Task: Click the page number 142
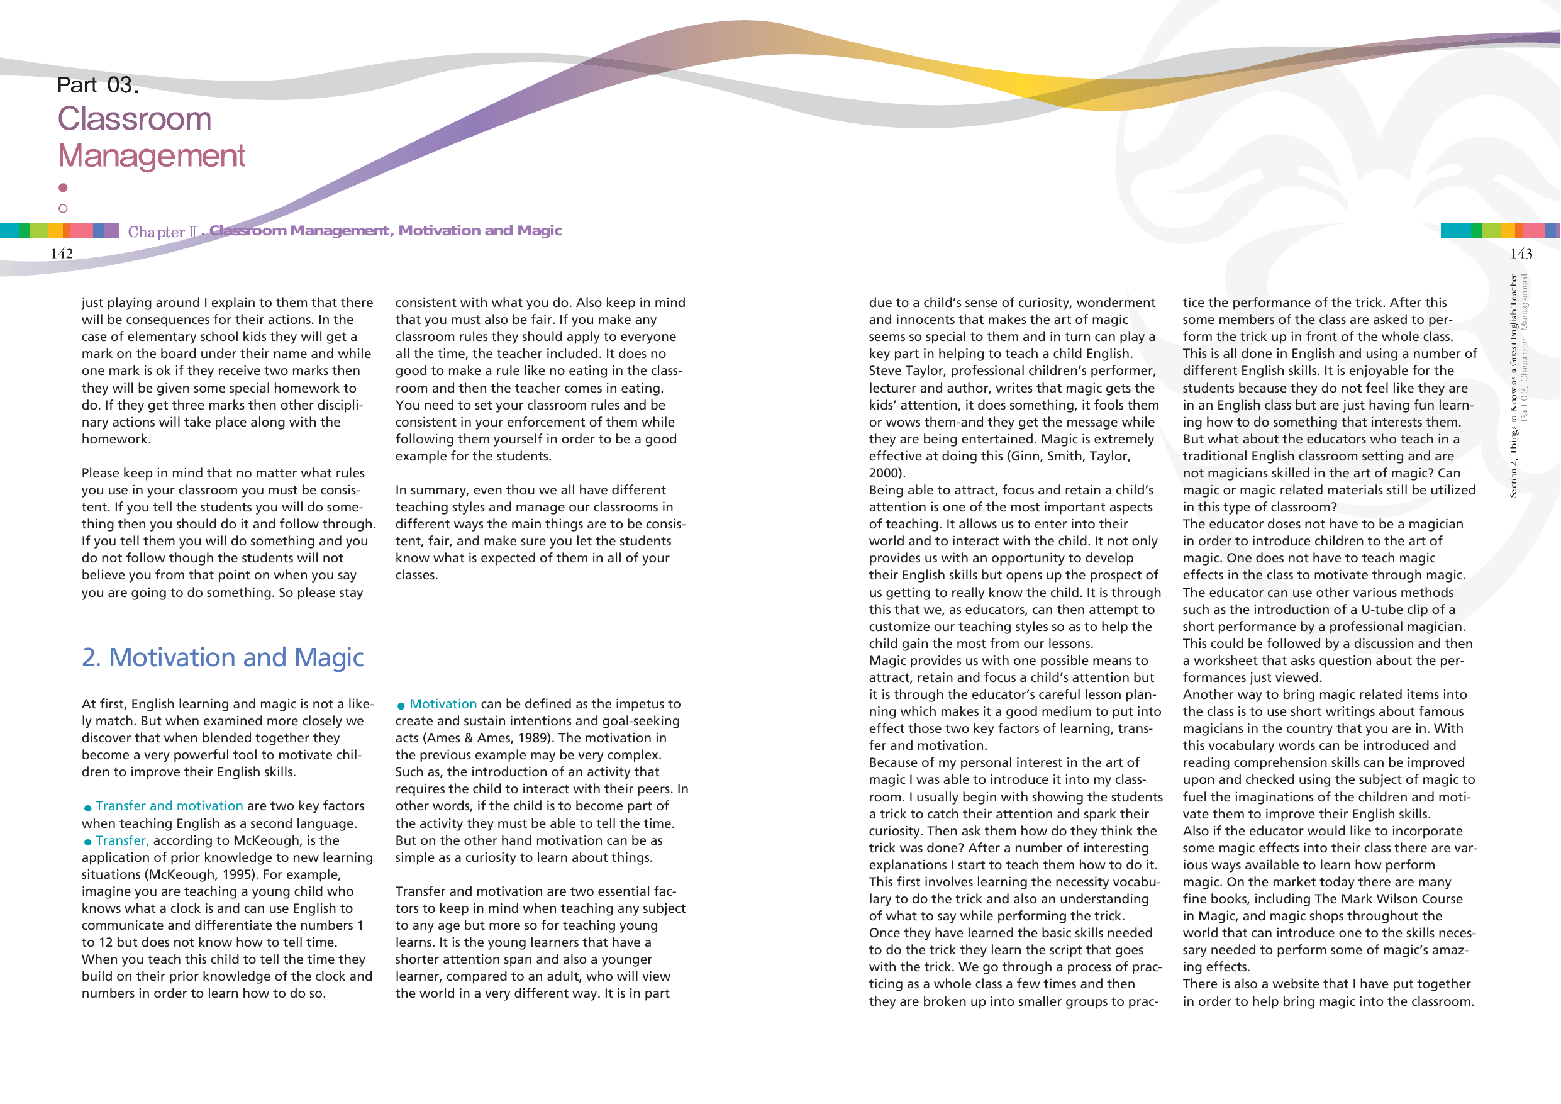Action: (61, 254)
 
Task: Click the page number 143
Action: (1521, 254)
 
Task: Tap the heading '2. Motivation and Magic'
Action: (222, 657)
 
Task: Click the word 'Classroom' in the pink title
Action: (135, 119)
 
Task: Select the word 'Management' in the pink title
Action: (151, 156)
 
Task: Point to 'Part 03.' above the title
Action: (98, 85)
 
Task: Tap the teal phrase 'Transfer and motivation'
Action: (169, 806)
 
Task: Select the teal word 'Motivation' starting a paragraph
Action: (443, 704)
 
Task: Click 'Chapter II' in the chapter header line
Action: (162, 232)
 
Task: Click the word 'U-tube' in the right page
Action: (1383, 610)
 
